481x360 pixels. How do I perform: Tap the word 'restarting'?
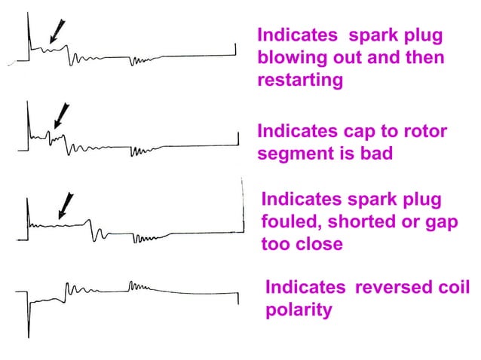coord(300,80)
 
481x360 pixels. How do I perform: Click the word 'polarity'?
coord(298,310)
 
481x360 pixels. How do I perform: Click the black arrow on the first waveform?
coord(54,30)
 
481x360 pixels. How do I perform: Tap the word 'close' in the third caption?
coord(318,245)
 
